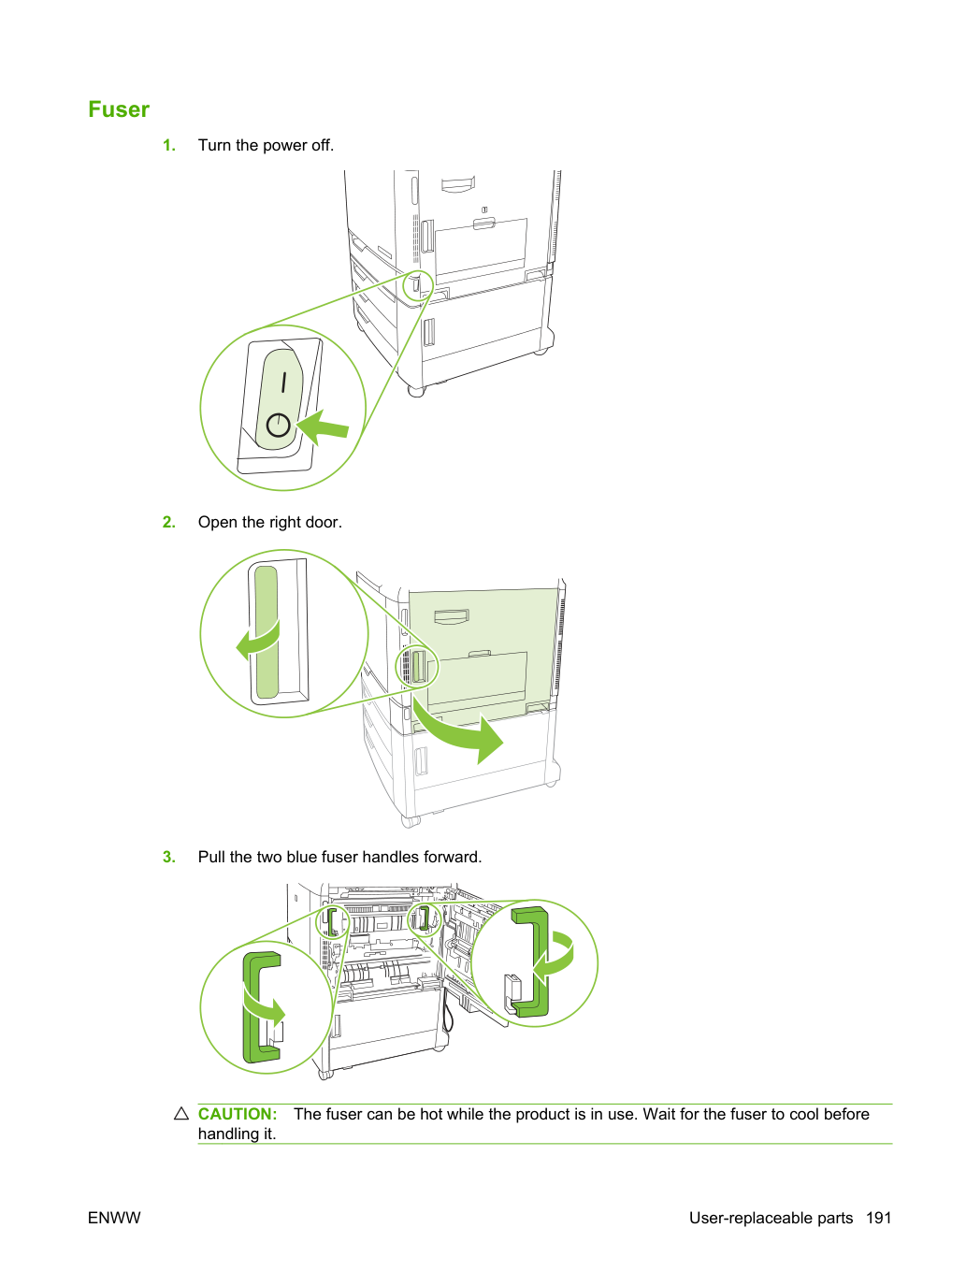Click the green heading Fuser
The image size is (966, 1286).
pos(119,109)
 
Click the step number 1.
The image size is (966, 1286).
pos(168,145)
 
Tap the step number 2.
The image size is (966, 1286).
pos(168,522)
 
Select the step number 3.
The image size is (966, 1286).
pos(168,857)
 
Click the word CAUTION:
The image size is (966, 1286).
pos(238,1114)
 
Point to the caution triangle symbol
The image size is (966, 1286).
pos(181,1114)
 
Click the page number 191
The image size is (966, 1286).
pos(879,1218)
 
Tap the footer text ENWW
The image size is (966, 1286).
pos(114,1218)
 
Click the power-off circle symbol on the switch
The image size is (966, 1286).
pos(279,425)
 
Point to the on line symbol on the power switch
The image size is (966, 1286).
pos(284,382)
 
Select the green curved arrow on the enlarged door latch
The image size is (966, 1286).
pos(258,642)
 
